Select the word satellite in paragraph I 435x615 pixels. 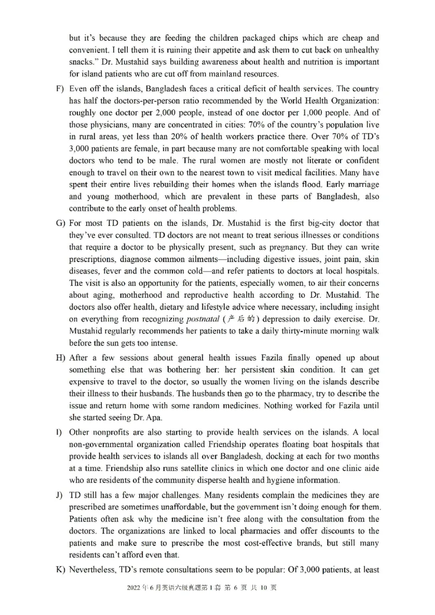(x=163, y=468)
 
